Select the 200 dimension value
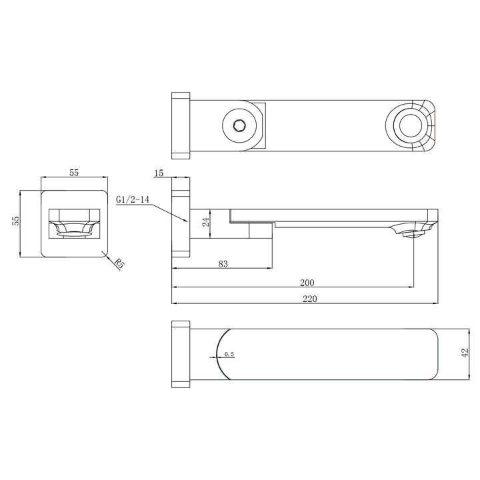(307, 283)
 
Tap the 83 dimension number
(223, 265)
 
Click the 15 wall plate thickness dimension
(159, 173)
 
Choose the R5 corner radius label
(119, 264)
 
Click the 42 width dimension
(465, 353)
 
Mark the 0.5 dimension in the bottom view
(229, 354)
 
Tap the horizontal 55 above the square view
(74, 173)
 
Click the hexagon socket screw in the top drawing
(239, 125)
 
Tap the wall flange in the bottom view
(181, 354)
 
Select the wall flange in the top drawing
(181, 125)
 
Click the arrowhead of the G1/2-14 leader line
(186, 221)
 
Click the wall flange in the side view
(181, 223)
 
